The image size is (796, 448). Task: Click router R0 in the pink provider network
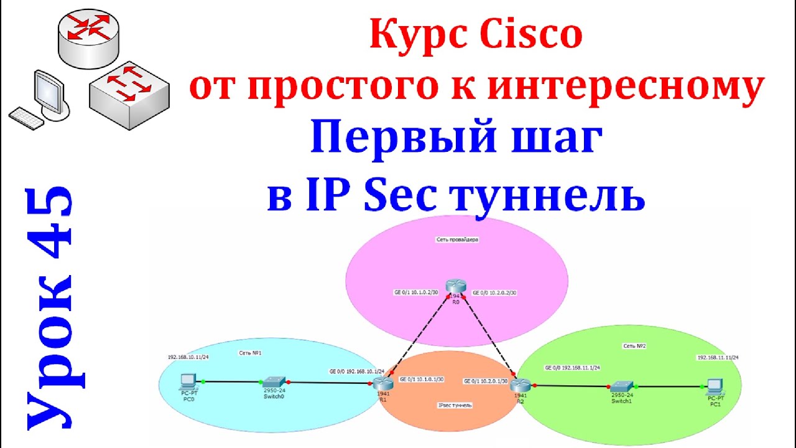click(x=456, y=287)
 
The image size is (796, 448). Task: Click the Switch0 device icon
click(x=274, y=381)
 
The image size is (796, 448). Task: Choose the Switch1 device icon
click(x=621, y=386)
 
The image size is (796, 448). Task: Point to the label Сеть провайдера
click(x=456, y=238)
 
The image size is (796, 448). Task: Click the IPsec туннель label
click(x=455, y=405)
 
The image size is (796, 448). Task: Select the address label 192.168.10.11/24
click(x=189, y=358)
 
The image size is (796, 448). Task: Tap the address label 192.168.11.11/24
click(x=718, y=358)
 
